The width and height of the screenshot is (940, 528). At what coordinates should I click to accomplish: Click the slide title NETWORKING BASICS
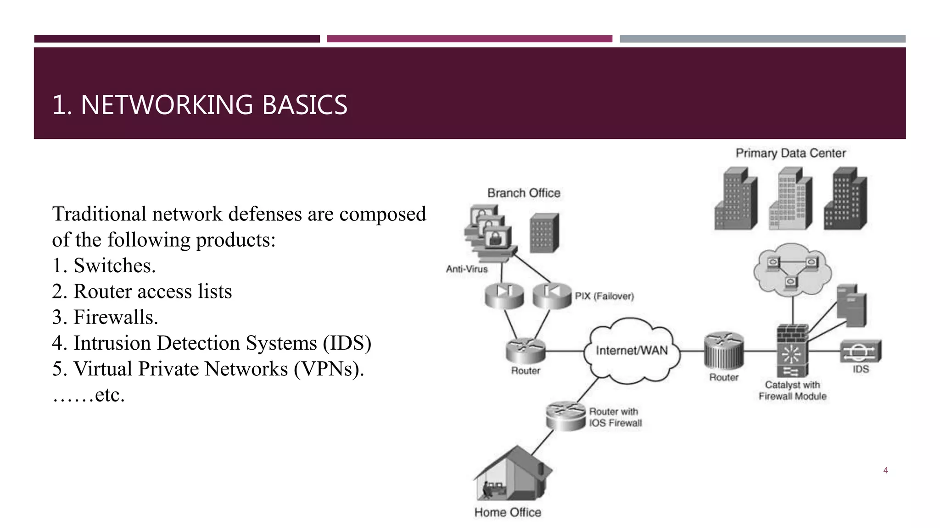[x=200, y=104]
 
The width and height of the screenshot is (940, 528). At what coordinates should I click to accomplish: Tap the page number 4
[x=885, y=470]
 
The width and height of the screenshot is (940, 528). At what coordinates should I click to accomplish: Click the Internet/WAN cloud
[x=632, y=351]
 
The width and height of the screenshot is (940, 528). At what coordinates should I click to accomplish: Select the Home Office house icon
[x=512, y=474]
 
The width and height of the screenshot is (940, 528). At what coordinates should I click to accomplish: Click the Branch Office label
[x=524, y=193]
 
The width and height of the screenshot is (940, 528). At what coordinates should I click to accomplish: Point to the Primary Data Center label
[x=790, y=153]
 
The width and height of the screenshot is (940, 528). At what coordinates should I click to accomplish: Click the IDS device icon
[x=861, y=352]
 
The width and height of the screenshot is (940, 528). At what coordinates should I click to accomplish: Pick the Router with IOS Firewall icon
[x=565, y=415]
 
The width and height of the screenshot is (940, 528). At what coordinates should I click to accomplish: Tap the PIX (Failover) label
[x=604, y=296]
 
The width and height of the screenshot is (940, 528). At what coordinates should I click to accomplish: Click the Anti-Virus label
[x=467, y=269]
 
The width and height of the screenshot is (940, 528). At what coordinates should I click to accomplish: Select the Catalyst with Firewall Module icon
[x=792, y=351]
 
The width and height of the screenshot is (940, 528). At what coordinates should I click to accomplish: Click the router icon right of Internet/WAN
[x=724, y=352]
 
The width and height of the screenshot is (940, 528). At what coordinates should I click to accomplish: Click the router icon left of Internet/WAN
[x=526, y=351]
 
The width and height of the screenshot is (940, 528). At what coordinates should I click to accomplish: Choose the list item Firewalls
[x=116, y=317]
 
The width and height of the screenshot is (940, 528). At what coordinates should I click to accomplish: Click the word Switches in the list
[x=114, y=266]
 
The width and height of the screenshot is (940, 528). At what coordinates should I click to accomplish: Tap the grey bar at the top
[x=762, y=39]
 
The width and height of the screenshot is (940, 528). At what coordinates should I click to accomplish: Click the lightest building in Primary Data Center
[x=790, y=199]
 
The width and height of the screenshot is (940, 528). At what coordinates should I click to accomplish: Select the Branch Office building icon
[x=544, y=233]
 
